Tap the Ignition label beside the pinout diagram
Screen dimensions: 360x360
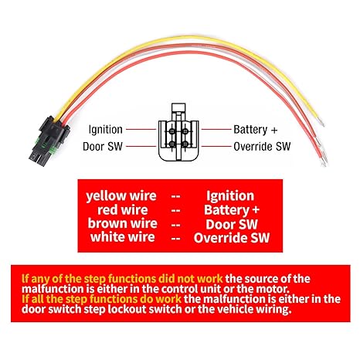pyautogui.click(x=106, y=130)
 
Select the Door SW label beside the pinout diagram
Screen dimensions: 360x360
pyautogui.click(x=103, y=147)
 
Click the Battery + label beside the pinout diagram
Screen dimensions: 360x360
pyautogui.click(x=256, y=130)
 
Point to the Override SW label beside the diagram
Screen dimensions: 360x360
pyautogui.click(x=262, y=147)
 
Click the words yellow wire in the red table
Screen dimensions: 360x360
pyautogui.click(x=121, y=196)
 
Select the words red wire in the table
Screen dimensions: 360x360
pyautogui.click(x=123, y=210)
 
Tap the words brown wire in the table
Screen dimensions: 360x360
pyautogui.click(x=123, y=223)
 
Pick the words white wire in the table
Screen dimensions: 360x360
pyautogui.click(x=123, y=237)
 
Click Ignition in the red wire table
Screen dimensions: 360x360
pyautogui.click(x=230, y=196)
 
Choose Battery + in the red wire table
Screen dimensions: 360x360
pyautogui.click(x=232, y=210)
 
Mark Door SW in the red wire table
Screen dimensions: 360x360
pyautogui.click(x=232, y=224)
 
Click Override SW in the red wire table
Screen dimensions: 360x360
pyautogui.click(x=232, y=238)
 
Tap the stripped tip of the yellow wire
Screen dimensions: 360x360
pyautogui.click(x=321, y=122)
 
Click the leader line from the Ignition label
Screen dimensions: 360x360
pyautogui.click(x=141, y=129)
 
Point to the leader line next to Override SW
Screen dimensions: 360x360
pyautogui.click(x=216, y=146)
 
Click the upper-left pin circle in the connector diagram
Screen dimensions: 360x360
pyautogui.click(x=172, y=131)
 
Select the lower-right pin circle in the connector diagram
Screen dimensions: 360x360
pyautogui.click(x=185, y=144)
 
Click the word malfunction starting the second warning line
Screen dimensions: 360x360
pyautogui.click(x=53, y=289)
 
